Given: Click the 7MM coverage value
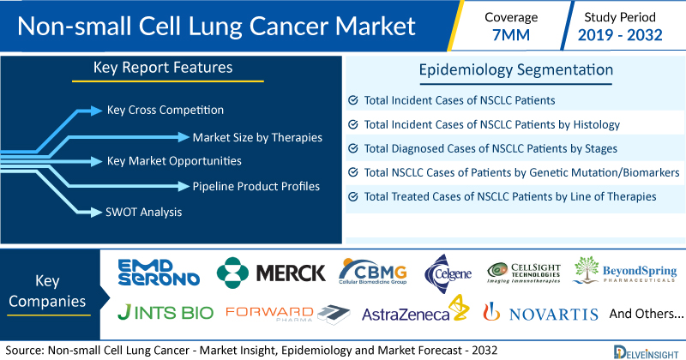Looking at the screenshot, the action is click(x=511, y=35).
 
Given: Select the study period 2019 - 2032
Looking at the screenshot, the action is click(x=620, y=35).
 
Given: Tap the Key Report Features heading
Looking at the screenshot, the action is click(x=163, y=68).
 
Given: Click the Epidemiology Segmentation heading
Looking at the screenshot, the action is click(x=516, y=70).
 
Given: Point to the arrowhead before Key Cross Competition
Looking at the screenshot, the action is click(x=96, y=111).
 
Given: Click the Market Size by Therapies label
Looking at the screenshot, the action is click(x=257, y=137).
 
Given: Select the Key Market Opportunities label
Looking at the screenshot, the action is click(x=174, y=161).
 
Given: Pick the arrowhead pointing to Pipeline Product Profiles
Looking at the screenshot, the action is click(x=184, y=186).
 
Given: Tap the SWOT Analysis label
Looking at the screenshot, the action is click(x=143, y=213).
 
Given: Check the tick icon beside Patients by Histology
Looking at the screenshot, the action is click(x=353, y=124).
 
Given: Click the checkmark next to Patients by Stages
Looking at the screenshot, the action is click(x=353, y=149).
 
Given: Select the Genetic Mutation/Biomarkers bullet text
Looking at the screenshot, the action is click(x=522, y=173).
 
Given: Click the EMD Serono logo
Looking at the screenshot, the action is click(x=159, y=272).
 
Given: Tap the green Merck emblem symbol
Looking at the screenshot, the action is click(x=232, y=273).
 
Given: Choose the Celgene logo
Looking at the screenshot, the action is click(x=448, y=273).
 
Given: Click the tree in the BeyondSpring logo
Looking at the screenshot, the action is click(x=586, y=269).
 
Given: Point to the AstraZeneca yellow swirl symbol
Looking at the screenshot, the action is click(x=460, y=308).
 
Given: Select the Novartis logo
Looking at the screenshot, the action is click(x=540, y=312).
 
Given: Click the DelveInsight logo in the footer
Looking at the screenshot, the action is click(x=646, y=352).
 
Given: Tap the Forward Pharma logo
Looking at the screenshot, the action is click(x=288, y=314).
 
